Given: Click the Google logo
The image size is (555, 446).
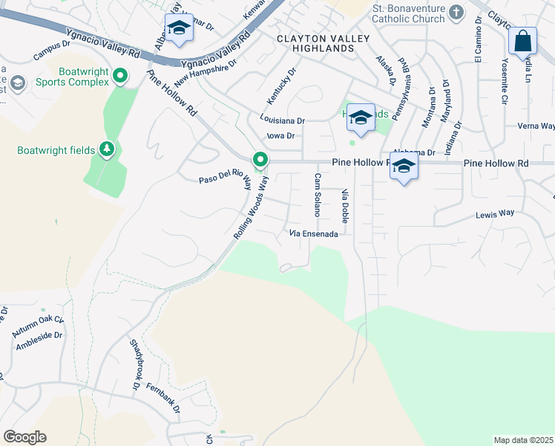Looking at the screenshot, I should (24, 437).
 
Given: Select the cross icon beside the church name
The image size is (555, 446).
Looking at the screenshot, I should (456, 11).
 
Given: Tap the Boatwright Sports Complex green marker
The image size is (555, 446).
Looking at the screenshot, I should (122, 75).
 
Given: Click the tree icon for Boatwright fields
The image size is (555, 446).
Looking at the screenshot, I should (108, 150).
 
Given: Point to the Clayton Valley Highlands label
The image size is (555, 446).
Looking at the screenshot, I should (315, 43).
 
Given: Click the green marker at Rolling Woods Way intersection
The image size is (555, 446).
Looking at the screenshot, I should (260, 160).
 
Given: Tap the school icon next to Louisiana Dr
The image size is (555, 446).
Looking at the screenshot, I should (361, 117).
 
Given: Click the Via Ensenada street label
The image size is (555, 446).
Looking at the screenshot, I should (314, 234).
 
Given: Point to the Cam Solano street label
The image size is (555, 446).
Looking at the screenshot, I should (318, 195).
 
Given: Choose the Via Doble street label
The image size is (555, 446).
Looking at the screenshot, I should (345, 207).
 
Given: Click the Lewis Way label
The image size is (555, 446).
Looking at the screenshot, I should (495, 213).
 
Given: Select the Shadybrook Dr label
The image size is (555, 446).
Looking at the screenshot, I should (136, 365).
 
